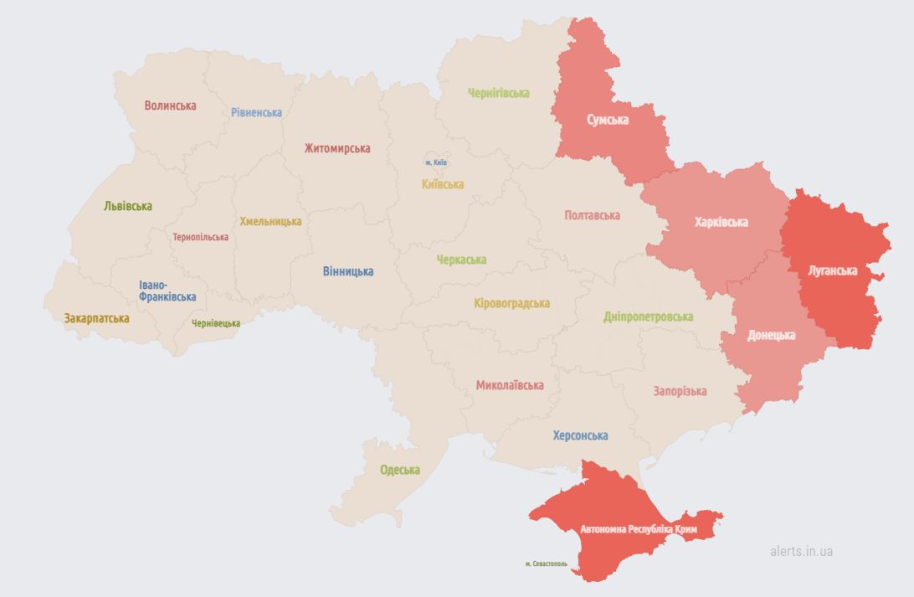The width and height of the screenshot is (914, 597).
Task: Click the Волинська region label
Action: coord(170,106)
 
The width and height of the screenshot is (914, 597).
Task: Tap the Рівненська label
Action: coord(257,112)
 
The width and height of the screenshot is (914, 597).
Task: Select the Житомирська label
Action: coord(337,148)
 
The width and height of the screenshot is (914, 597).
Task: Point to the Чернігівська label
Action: coord(499,93)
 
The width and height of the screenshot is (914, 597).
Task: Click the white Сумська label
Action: coord(608,120)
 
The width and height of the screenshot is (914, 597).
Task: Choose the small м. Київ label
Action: coord(436,162)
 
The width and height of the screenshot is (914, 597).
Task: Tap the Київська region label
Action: coord(443,184)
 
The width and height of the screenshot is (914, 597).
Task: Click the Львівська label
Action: coord(128,206)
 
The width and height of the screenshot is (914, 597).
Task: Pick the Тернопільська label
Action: coord(200,237)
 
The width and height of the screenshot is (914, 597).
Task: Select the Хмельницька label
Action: coord(270,221)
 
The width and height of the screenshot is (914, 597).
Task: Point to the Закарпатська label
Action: coord(96,318)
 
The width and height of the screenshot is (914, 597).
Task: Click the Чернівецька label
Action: coord(216,323)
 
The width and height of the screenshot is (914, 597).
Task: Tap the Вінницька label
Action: coord(348,271)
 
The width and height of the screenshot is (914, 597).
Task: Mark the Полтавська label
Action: coord(592,215)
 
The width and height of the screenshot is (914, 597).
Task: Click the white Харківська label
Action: coord(721,222)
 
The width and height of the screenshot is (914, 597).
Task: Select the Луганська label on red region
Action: coord(833,270)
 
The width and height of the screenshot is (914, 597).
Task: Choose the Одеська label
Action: coord(400,470)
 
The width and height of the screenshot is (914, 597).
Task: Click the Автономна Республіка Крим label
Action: coord(639,530)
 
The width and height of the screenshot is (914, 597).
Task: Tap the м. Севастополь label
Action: coord(546,564)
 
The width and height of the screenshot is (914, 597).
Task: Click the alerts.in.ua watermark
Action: coord(801,551)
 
